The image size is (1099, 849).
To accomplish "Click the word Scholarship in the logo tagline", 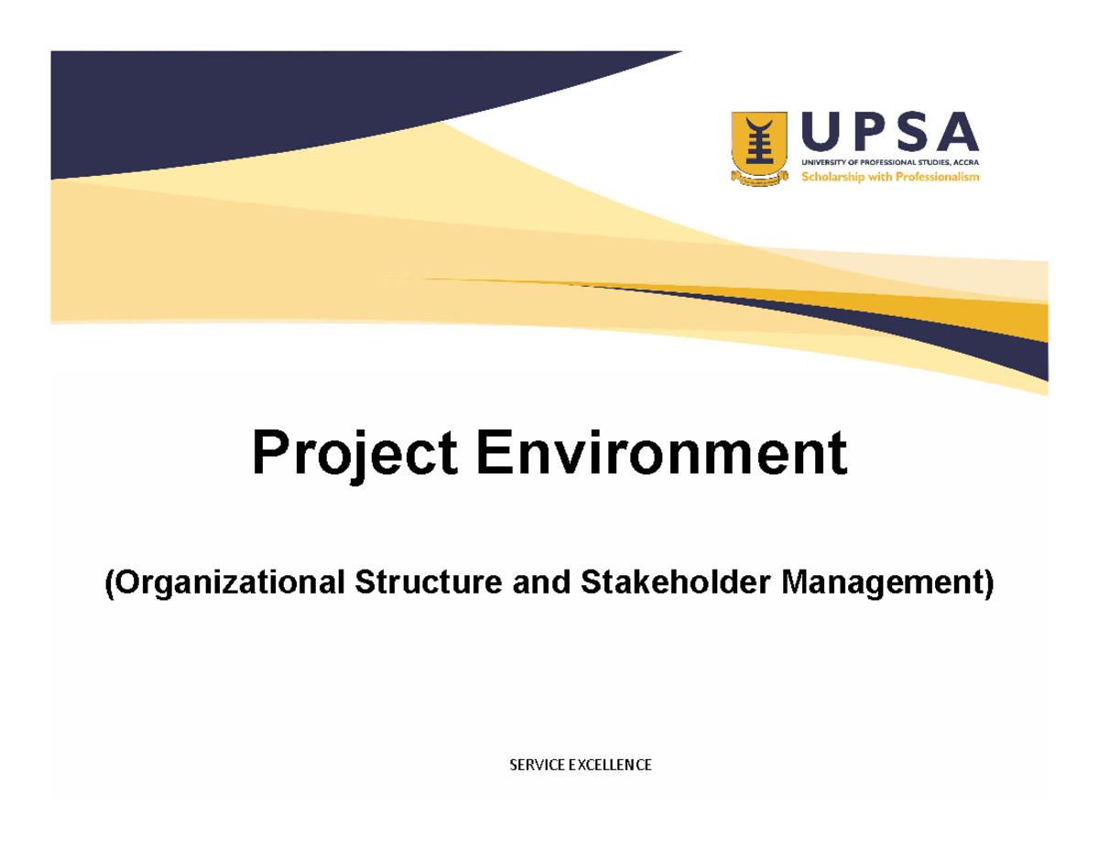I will (833, 178).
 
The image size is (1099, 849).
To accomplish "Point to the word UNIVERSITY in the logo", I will (821, 162).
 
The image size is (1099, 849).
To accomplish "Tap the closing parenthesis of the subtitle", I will (987, 583).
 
